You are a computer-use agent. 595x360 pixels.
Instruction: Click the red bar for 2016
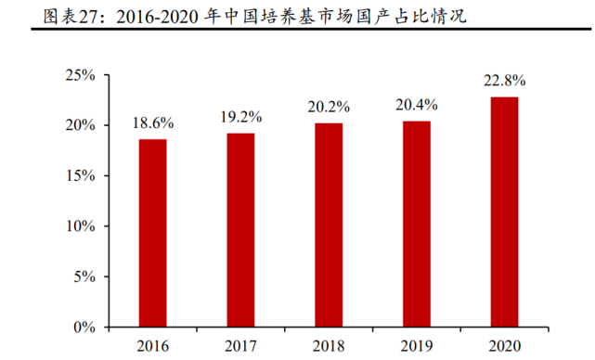click(x=152, y=233)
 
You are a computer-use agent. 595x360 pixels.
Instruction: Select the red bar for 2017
click(x=240, y=230)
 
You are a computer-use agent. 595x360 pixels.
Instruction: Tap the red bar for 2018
click(x=329, y=225)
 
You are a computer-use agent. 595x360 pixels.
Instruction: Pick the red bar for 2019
click(x=417, y=225)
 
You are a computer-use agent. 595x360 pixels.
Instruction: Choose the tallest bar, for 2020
click(x=504, y=212)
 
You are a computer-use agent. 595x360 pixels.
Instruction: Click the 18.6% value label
click(x=153, y=123)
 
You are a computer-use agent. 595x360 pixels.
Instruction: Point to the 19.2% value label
click(x=240, y=118)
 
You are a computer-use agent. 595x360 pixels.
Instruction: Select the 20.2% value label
click(x=329, y=108)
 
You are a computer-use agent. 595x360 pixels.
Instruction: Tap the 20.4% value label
click(x=417, y=106)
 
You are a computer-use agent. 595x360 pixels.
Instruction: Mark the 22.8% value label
click(x=504, y=82)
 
